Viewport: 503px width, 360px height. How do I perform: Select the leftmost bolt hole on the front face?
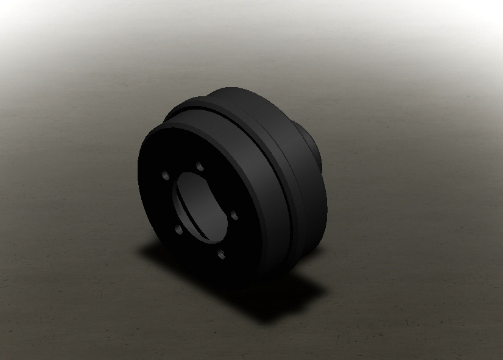point(165,175)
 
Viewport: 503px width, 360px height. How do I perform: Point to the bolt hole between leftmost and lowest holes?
point(178,230)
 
